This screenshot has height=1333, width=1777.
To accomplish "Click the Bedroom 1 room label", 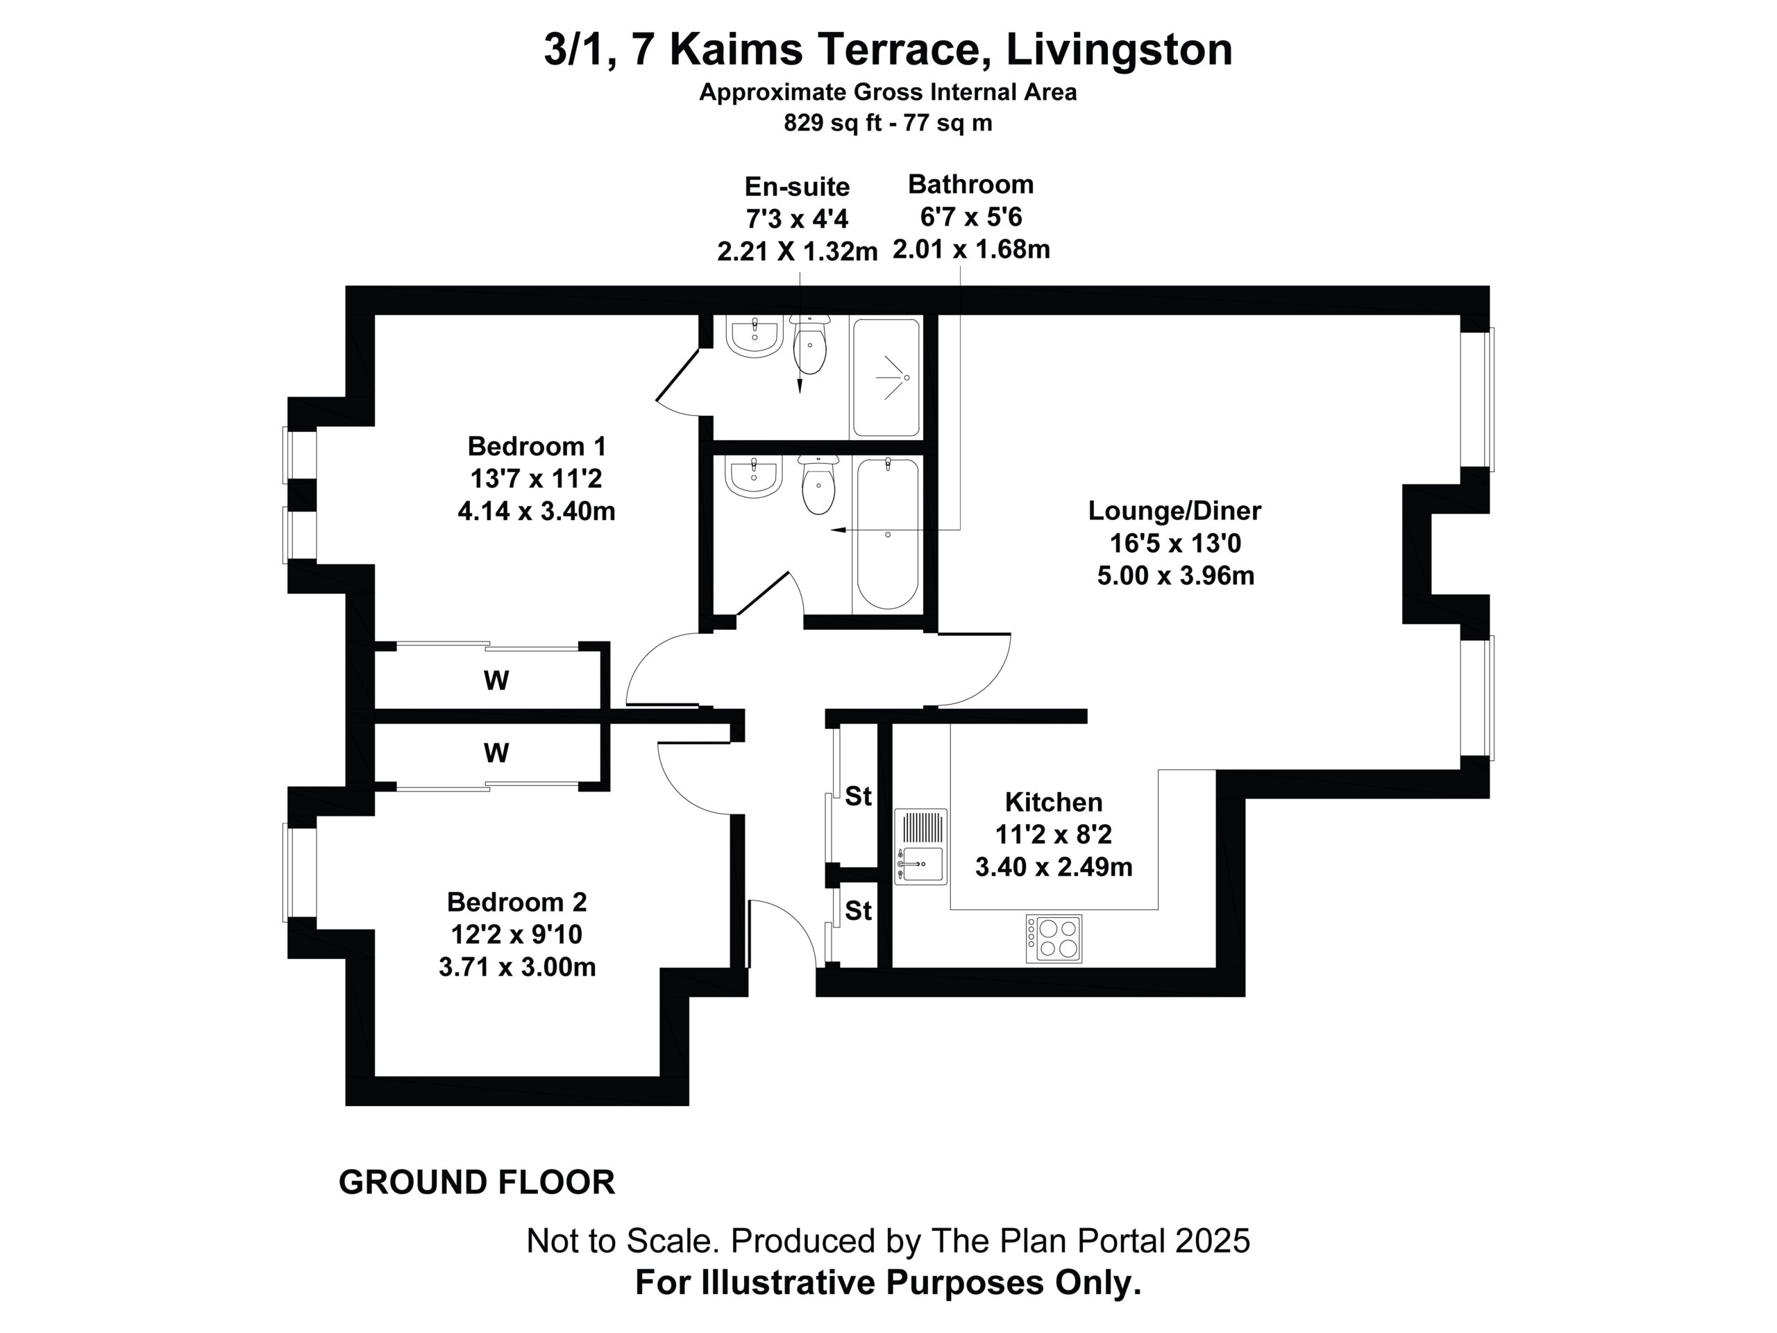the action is coord(537,446).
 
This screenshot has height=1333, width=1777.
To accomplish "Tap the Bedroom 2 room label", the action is coord(516,902).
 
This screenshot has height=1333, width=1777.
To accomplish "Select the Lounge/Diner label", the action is coord(1174,510).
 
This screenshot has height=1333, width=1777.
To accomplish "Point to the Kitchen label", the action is coord(1053,801).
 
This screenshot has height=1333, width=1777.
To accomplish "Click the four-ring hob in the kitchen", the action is coord(1054,939).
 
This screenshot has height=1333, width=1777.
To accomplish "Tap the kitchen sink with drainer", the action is coord(921,846).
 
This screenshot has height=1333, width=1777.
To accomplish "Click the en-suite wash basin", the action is coord(755,335).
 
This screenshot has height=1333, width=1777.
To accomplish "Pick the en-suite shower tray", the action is coord(886,378).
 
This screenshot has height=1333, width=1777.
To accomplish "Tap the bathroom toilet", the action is coord(818,484).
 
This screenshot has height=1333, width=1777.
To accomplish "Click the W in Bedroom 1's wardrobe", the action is coord(496,680).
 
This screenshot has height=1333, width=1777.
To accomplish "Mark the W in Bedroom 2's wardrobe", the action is coord(496,753).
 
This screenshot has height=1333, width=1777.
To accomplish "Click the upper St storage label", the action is coord(858,796).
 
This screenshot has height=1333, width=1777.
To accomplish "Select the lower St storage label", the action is coord(858,910).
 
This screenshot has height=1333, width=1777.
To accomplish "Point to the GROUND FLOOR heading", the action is coord(476,1182).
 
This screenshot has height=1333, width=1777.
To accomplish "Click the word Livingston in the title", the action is coord(1119,50).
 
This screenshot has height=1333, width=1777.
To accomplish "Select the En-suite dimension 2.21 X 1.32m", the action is coord(797,251).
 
